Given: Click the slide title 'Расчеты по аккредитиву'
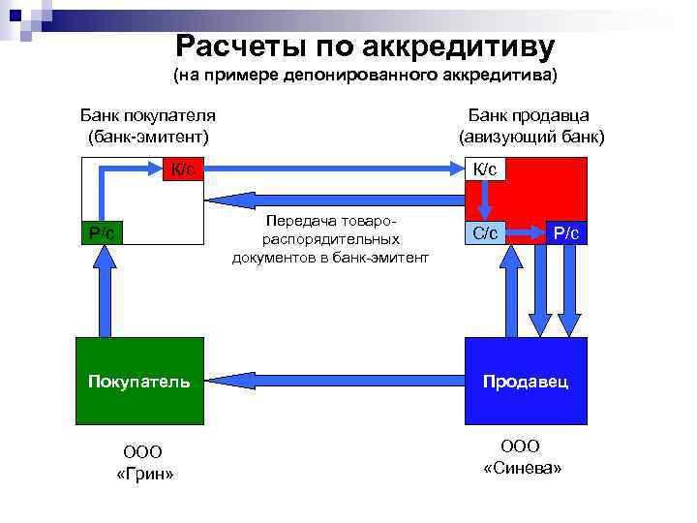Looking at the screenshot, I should coord(365,46).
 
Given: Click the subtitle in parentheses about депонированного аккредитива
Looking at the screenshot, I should coord(365,75).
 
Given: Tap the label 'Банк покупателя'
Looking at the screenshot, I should coord(147,114).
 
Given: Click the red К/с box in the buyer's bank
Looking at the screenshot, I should coord(182,169).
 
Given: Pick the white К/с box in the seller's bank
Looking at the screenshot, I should coord(485,169).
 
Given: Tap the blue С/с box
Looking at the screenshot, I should coord(485,233).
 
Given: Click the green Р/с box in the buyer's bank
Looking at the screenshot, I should coord(102,232).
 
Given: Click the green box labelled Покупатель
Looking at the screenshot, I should coord(139,381).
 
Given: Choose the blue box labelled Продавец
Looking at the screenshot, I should coord(526,381).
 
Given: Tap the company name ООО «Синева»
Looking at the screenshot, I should coord(522,456).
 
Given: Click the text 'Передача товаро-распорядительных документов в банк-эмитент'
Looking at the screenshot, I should coord(330,239).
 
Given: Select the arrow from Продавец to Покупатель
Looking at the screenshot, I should coord(334,381).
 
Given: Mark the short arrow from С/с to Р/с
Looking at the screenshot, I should coord(527,233).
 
